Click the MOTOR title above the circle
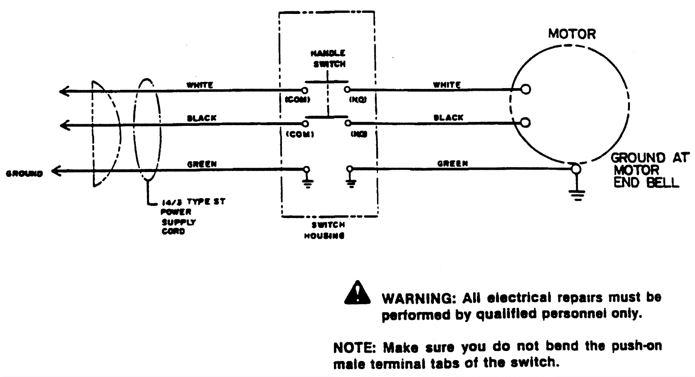point(572,34)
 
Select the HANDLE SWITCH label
point(329,59)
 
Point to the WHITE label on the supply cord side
point(200,85)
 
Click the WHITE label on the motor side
point(447,85)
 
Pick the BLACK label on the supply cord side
point(202,118)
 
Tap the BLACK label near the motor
point(449,118)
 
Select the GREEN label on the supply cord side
point(202,165)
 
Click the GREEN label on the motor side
point(452,164)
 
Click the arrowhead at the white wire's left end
point(64,91)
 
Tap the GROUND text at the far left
point(24,174)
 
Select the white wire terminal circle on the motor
point(526,89)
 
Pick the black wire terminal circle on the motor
point(526,122)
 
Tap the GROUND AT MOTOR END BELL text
point(649,170)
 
